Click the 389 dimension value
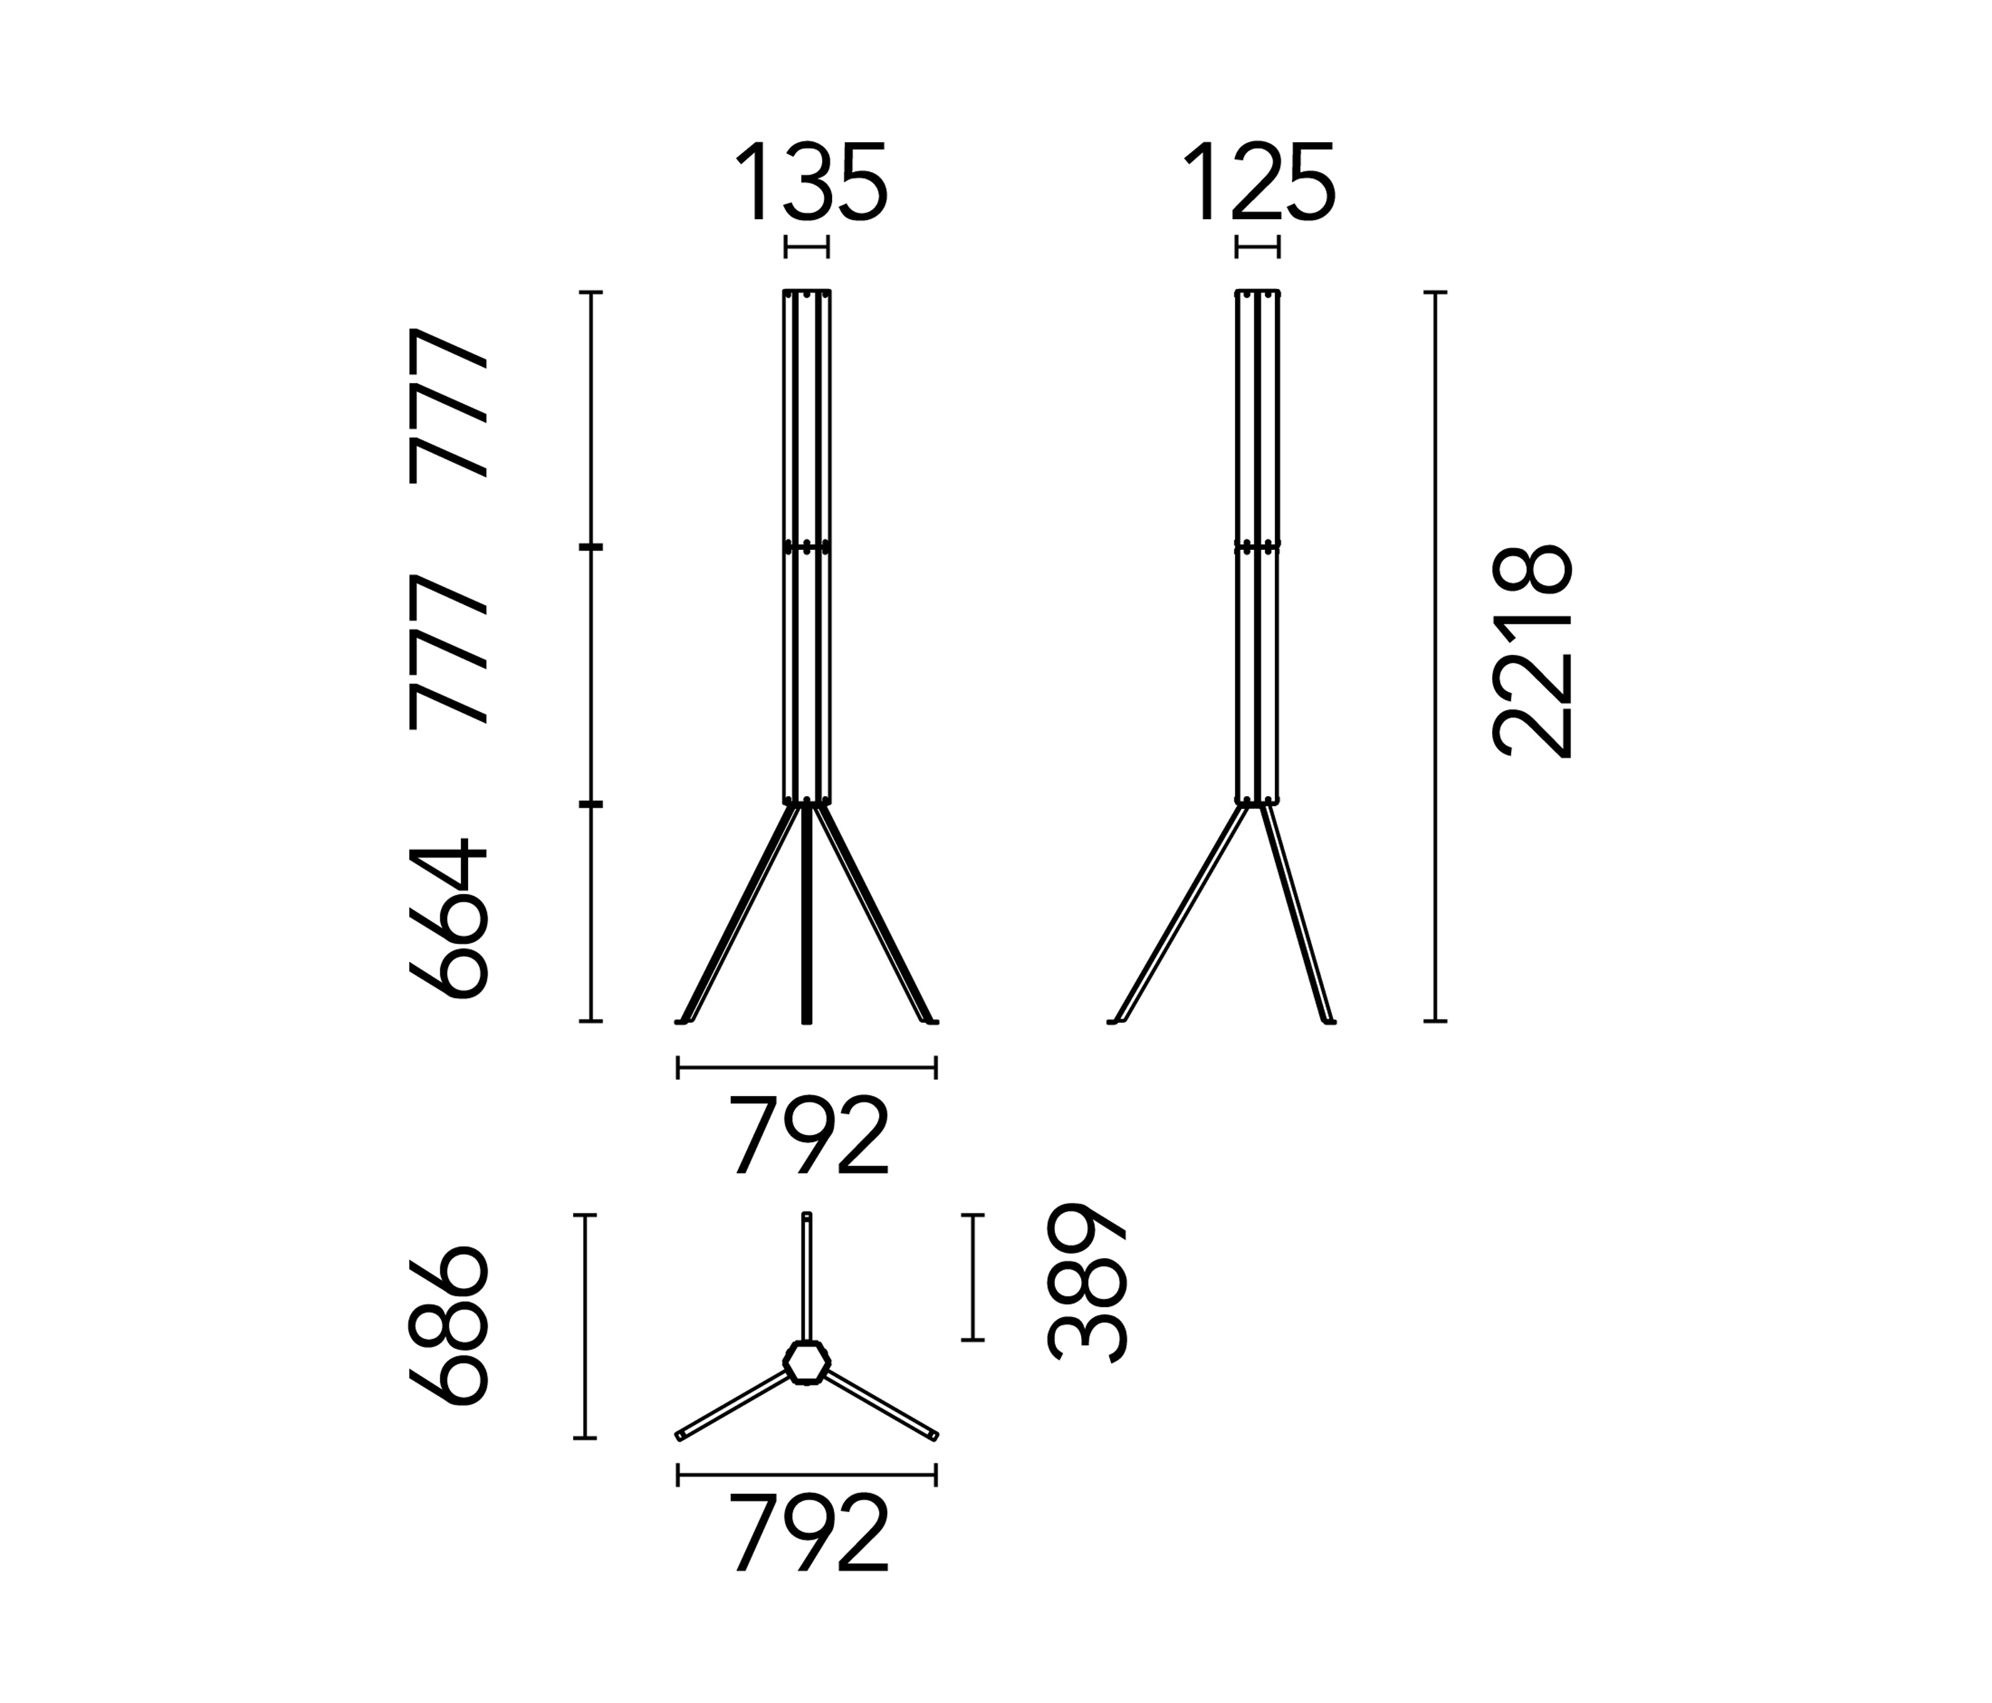[x=1086, y=1282]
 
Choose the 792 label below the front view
[x=809, y=1134]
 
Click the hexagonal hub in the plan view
[x=807, y=1362]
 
